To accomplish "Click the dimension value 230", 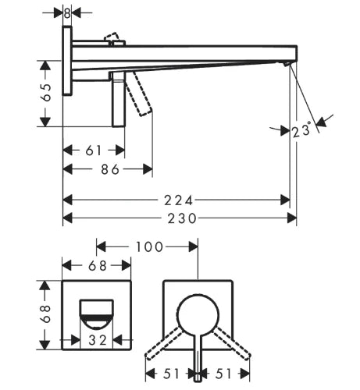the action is [181, 218].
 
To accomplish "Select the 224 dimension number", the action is [178, 200].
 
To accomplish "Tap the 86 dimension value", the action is [110, 169].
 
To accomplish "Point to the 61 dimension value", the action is [94, 151].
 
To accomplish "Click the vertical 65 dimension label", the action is [46, 92].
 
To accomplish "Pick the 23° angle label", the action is [301, 130].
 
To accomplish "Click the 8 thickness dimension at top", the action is [67, 13].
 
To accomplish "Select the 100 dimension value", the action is [149, 246].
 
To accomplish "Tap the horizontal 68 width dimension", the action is [98, 266].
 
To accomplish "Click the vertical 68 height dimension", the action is [46, 314].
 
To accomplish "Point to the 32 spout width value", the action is [98, 340].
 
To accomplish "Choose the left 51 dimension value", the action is [171, 374].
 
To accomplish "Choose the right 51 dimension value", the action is [223, 374].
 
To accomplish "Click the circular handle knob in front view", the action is [198, 315].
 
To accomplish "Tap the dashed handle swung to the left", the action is [163, 343].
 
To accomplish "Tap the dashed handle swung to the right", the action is [232, 343].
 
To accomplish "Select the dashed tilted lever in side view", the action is [138, 94].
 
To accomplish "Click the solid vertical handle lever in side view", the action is [119, 99].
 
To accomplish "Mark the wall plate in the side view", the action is [67, 61].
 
